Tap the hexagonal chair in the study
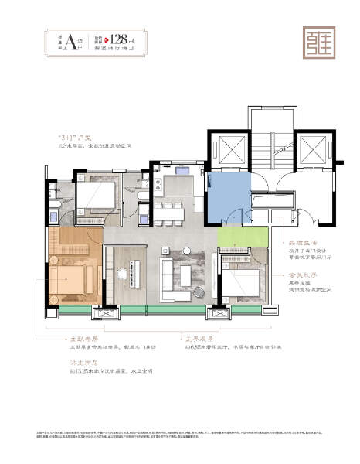tap(122, 273)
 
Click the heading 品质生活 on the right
tap(301, 241)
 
